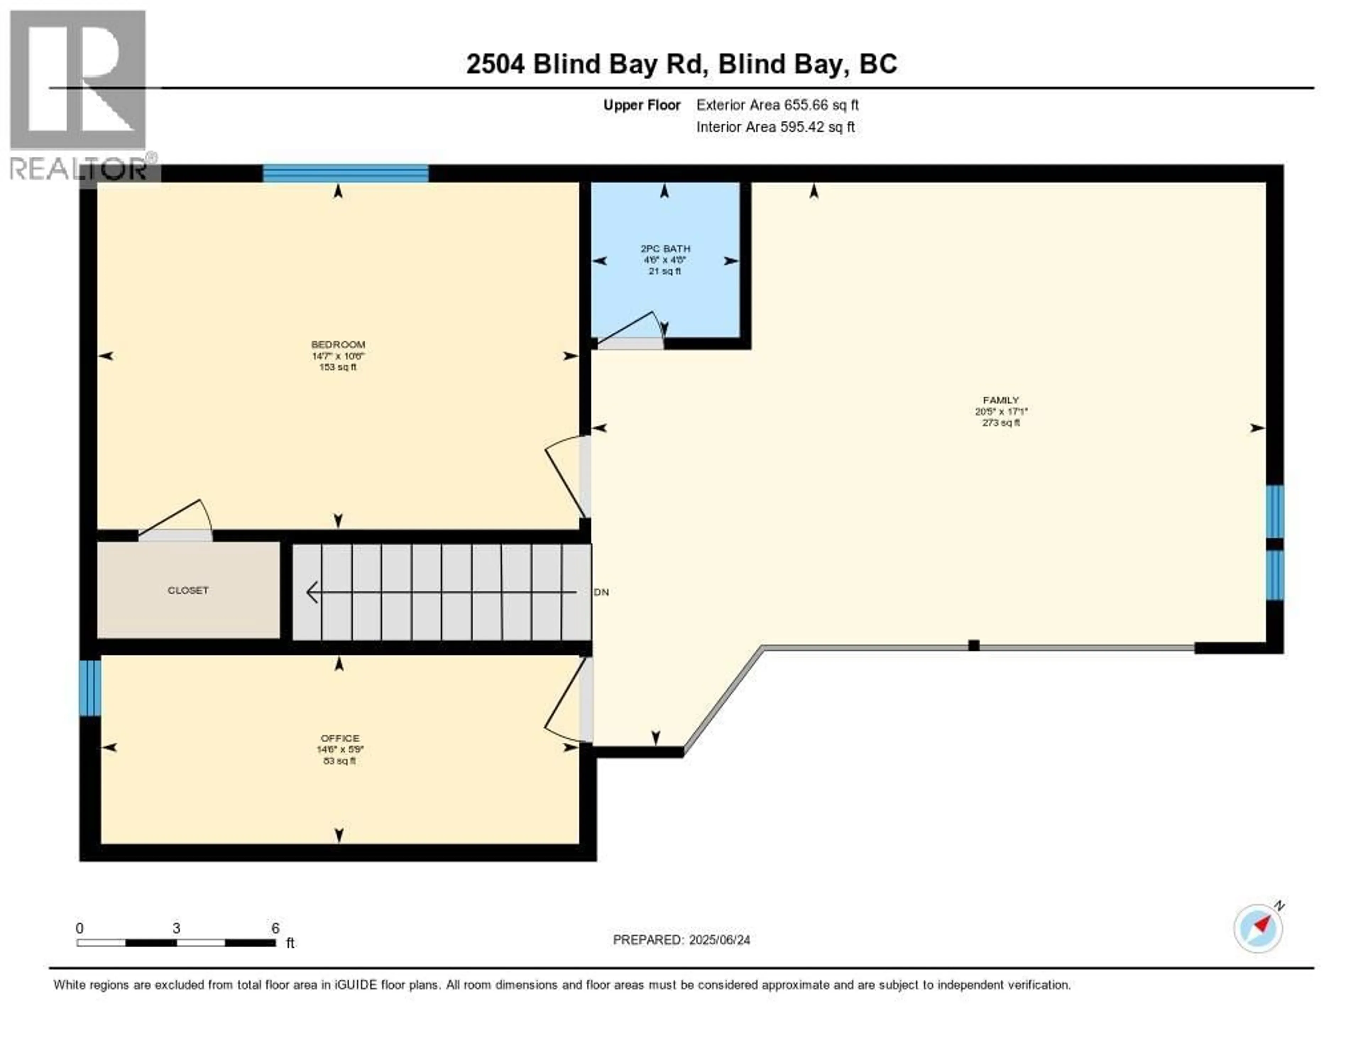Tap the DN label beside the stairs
click(x=602, y=592)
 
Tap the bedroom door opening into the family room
click(x=565, y=478)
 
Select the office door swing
click(x=565, y=699)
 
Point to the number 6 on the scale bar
click(x=275, y=928)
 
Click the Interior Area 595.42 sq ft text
click(x=775, y=127)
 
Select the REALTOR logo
click(x=79, y=94)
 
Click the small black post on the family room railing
click(x=974, y=645)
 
